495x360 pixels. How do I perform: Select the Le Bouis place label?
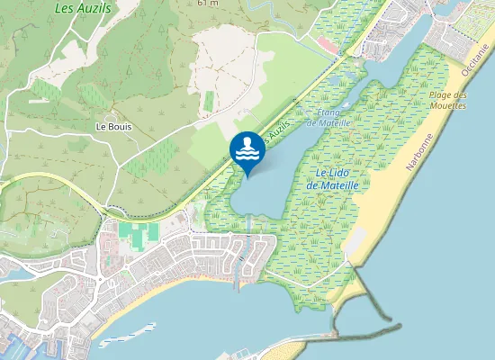pos(113,127)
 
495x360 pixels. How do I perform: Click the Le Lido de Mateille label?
pos(332,177)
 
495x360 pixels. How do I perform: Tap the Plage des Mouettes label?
pos(447,100)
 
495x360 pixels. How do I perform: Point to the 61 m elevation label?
pos(208,4)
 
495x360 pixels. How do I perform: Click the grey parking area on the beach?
pos(355,238)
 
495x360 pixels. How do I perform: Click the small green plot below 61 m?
pos(209,101)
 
